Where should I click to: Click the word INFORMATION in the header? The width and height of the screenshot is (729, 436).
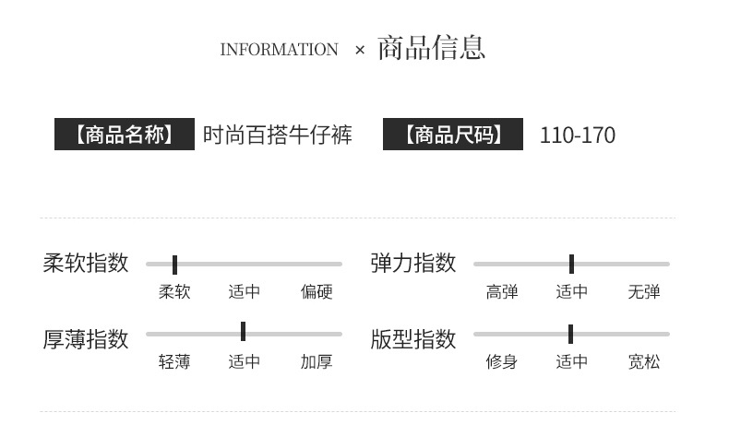(x=279, y=50)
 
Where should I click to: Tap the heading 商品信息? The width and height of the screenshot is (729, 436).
(x=431, y=48)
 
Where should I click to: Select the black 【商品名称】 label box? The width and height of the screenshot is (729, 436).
(x=125, y=135)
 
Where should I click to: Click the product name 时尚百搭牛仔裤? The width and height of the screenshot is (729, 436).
(x=278, y=135)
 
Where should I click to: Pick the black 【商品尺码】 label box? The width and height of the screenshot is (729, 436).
(x=453, y=135)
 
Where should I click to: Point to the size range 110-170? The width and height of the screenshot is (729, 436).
(x=577, y=136)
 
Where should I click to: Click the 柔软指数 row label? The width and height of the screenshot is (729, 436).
(x=86, y=263)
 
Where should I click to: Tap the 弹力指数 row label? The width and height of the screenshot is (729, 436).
(x=413, y=263)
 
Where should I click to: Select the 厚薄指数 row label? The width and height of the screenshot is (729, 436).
(x=86, y=338)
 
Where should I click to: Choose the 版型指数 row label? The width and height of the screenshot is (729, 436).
(x=413, y=338)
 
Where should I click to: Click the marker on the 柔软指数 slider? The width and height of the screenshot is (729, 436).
(x=174, y=265)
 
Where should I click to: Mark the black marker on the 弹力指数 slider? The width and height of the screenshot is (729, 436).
(x=571, y=264)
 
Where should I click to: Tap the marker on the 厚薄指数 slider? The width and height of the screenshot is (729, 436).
(x=243, y=332)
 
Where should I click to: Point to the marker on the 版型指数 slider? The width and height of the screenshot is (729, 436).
(x=570, y=334)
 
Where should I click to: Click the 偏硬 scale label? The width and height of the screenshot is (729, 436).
(x=317, y=292)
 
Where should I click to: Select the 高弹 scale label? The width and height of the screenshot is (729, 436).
(x=502, y=292)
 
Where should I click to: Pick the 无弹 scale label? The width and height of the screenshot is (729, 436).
(x=644, y=292)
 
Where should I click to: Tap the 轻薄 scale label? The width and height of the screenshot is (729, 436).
(x=174, y=362)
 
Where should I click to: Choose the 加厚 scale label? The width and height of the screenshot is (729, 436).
(x=317, y=362)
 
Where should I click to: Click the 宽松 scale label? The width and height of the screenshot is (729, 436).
(x=644, y=362)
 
